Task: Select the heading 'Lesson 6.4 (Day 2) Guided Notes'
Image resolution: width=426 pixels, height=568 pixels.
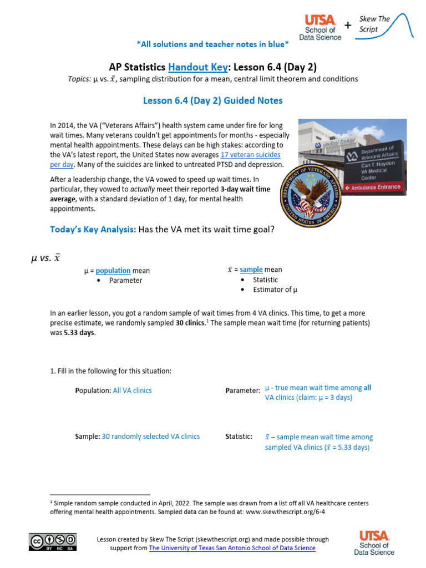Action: (x=213, y=100)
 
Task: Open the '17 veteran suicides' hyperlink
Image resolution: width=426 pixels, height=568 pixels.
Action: (x=250, y=155)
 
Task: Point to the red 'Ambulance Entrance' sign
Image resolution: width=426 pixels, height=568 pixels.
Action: (x=374, y=187)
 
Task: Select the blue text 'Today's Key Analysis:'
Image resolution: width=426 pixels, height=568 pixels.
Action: (x=93, y=229)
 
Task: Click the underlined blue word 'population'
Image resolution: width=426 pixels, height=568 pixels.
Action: (x=113, y=271)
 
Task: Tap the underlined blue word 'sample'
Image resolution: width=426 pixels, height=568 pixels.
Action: (x=251, y=270)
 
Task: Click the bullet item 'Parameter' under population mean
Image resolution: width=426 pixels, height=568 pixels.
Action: (x=125, y=281)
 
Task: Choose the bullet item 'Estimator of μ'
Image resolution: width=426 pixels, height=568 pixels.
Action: (x=275, y=290)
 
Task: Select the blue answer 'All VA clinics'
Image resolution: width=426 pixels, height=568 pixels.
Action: (x=132, y=390)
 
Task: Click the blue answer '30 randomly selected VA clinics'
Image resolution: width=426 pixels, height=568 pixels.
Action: (x=150, y=437)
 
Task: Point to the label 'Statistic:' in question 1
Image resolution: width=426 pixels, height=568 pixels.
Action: (x=239, y=437)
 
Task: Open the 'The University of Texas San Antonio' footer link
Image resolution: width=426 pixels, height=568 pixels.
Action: (x=232, y=548)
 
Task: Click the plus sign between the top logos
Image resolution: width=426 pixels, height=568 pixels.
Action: (x=348, y=25)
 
